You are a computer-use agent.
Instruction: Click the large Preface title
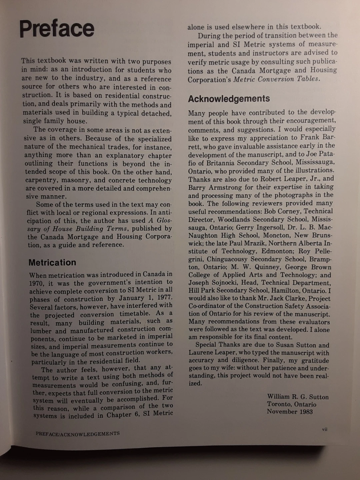tap(57, 29)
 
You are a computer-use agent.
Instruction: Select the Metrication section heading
tap(52, 263)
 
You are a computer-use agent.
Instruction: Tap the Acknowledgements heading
tap(229, 99)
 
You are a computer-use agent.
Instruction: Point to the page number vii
tap(325, 429)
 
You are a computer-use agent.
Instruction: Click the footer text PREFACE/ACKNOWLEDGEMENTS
tap(78, 434)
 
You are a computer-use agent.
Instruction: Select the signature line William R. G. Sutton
tap(298, 397)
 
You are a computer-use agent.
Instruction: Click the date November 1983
tap(290, 412)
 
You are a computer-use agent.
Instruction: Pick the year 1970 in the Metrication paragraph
tap(36, 284)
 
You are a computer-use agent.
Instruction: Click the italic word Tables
tap(308, 79)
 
